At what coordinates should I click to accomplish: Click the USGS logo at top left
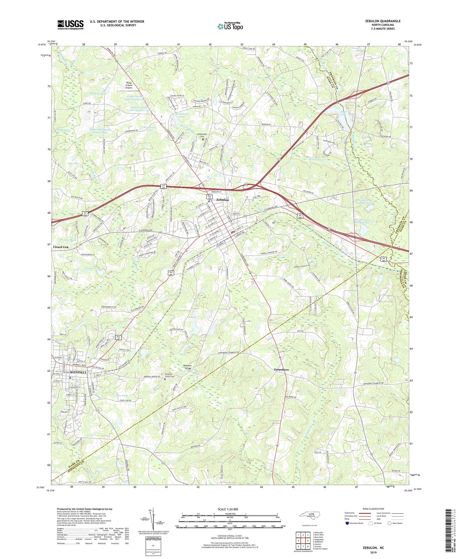click(70, 24)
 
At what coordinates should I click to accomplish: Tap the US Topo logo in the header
click(230, 26)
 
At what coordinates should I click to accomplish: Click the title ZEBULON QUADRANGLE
click(383, 21)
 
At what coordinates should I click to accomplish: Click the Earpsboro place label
click(281, 369)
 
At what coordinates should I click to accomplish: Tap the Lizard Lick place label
click(61, 247)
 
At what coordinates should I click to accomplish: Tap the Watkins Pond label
click(98, 94)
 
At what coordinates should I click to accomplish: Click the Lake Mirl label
click(73, 163)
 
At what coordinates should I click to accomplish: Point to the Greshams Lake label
click(149, 129)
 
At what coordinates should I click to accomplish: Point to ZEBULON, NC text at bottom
click(373, 548)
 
